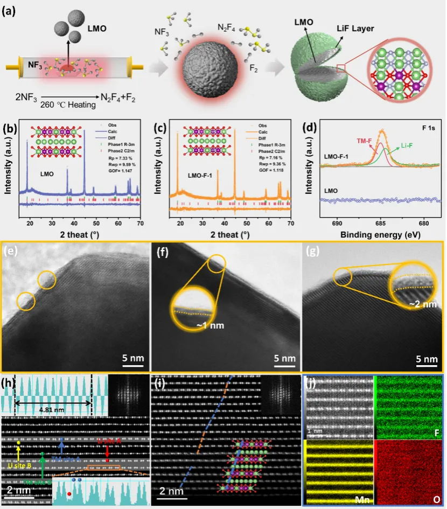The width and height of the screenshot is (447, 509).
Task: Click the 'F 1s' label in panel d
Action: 424,130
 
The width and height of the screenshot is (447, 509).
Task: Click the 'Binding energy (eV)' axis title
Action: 380,235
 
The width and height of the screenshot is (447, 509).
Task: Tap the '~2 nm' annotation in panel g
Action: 419,304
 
